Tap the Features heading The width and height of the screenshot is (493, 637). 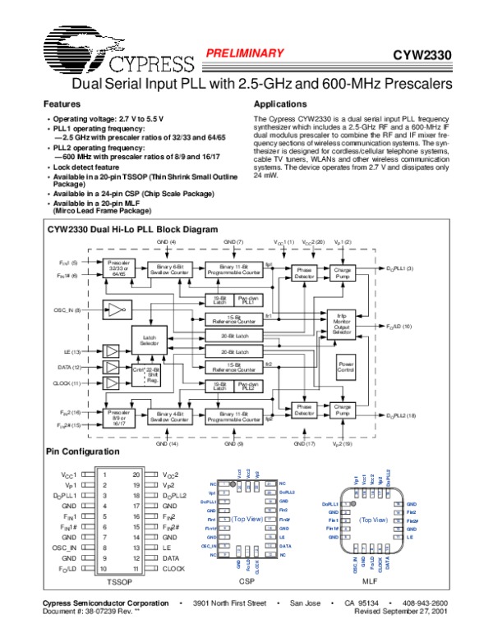[62, 104]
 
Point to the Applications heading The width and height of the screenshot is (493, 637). [281, 104]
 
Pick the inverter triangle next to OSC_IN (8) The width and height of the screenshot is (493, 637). [113, 309]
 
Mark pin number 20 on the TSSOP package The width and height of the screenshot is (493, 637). [136, 474]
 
